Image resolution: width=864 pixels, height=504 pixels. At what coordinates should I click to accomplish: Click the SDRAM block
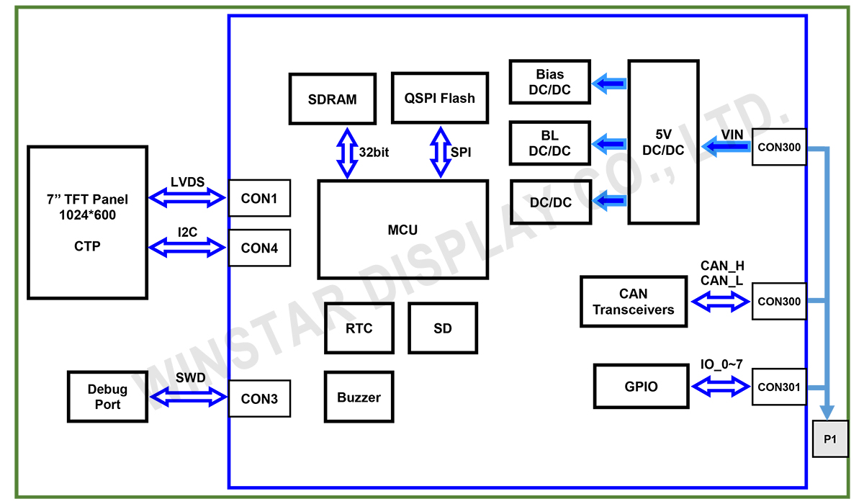(x=332, y=99)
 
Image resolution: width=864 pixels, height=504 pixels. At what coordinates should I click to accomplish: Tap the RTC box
(x=359, y=328)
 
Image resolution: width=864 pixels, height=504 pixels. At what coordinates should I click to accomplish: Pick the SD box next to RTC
(x=443, y=328)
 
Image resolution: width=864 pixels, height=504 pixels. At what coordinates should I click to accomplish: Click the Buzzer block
(x=359, y=397)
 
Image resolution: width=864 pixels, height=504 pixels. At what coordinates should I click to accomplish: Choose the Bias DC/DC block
(x=550, y=81)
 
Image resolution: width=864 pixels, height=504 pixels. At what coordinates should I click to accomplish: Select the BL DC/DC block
(x=550, y=143)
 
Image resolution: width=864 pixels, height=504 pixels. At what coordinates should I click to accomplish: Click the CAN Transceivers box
(x=634, y=302)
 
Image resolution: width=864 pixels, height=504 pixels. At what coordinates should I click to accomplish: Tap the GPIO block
(x=641, y=386)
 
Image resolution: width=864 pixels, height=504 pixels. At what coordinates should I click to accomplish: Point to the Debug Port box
(x=107, y=397)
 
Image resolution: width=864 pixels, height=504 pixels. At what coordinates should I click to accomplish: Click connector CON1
(x=259, y=198)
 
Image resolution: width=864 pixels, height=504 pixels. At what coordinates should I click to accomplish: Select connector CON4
(x=259, y=248)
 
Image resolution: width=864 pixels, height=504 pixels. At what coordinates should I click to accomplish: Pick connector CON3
(x=259, y=398)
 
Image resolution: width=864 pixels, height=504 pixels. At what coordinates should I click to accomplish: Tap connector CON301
(x=779, y=387)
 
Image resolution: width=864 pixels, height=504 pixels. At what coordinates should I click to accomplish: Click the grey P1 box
(x=830, y=438)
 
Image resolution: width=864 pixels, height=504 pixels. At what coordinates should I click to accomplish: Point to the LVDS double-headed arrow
(x=187, y=197)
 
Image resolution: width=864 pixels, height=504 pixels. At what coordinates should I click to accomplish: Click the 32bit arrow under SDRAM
(x=348, y=153)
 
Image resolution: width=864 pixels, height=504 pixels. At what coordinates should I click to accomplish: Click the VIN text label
(x=732, y=134)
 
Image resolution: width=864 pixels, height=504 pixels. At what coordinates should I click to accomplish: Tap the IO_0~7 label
(x=721, y=365)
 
